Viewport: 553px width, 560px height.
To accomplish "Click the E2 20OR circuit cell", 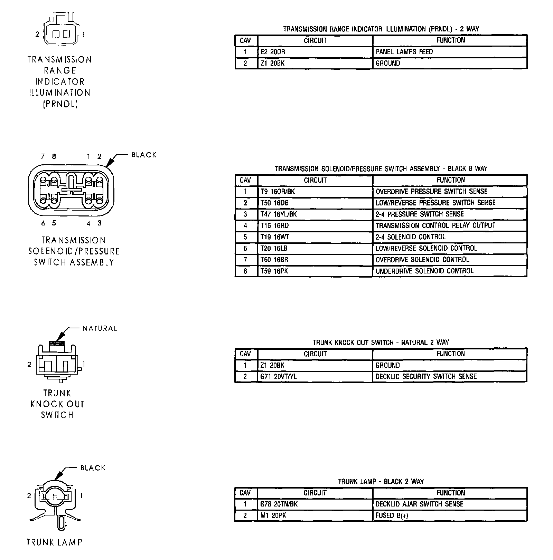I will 315,52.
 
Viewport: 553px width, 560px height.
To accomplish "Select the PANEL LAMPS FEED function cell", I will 450,52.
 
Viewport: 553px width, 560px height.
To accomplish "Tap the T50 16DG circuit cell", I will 315,203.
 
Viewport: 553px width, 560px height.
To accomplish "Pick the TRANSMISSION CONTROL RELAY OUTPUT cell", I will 450,225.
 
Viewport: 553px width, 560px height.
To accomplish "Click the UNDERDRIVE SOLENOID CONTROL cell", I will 450,271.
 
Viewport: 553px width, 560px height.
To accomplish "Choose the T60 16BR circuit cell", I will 315,260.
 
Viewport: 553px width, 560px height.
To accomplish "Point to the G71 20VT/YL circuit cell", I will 315,376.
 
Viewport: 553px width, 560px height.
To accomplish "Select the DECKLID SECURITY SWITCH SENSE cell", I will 450,376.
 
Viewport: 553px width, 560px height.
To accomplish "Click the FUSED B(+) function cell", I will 450,515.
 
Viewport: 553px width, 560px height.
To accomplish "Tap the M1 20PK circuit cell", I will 315,515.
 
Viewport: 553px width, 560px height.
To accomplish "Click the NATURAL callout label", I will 100,329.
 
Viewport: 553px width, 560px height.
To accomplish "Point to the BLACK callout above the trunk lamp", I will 93,468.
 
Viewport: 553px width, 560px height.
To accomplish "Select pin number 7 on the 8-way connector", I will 43,157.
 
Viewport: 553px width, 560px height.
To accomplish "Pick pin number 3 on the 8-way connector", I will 100,223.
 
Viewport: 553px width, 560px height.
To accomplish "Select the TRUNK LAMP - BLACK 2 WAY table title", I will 381,482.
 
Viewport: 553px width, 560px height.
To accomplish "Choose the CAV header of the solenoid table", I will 246,180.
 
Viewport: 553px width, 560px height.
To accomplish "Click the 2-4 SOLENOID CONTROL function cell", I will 450,237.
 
